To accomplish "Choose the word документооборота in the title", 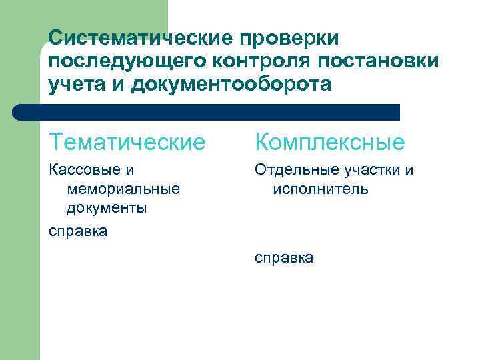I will pos(231,85).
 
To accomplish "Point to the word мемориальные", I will pos(123,189).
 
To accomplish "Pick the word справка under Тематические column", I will pos(78,231).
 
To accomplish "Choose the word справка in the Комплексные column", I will pos(284,258).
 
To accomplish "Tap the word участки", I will pos(371,170).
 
